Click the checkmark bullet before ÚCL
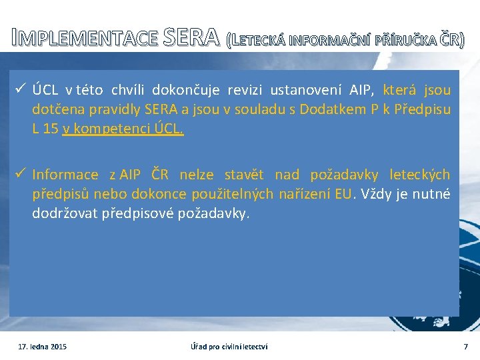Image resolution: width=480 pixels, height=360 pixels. click(x=21, y=89)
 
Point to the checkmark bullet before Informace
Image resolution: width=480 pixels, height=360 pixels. click(x=21, y=175)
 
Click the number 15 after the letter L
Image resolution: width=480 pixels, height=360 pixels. click(x=50, y=129)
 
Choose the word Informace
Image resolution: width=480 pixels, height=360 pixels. click(x=65, y=175)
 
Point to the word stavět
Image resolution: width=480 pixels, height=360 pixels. click(x=244, y=175)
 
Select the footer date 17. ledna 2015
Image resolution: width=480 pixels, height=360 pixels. click(x=42, y=347)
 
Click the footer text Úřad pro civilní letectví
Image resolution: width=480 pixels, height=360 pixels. click(x=229, y=347)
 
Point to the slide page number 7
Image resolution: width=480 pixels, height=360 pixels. click(x=466, y=347)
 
